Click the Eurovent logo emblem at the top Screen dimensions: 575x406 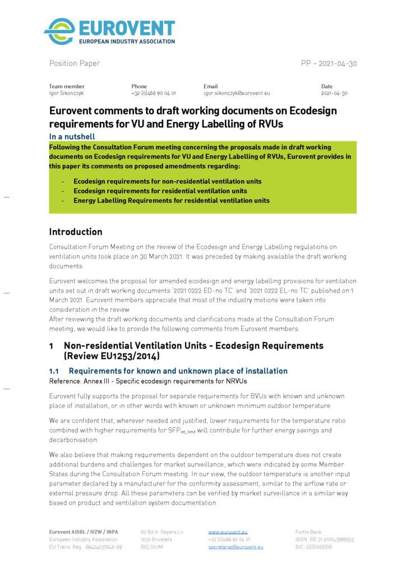pos(59,31)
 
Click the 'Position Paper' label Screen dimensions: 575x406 pos(74,63)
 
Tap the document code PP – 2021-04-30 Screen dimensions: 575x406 pos(329,63)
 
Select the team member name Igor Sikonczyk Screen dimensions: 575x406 pos(67,93)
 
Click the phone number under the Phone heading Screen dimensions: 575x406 pos(153,93)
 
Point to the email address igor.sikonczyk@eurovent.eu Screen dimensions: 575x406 pos(237,93)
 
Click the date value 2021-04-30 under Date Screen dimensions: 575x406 pos(334,93)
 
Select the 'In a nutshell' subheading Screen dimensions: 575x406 pos(72,136)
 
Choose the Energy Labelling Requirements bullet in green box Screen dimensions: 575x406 pos(171,200)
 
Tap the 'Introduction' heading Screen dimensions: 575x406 pos(76,232)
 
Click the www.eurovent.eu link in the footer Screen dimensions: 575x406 pos(228,532)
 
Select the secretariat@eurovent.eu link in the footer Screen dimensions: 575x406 pos(236,546)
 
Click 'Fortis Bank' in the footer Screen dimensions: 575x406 pos(308,532)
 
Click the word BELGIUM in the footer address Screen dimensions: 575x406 pos(151,546)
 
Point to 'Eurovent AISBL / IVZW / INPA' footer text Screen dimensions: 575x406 pos(84,532)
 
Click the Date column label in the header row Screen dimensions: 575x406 pos(327,86)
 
